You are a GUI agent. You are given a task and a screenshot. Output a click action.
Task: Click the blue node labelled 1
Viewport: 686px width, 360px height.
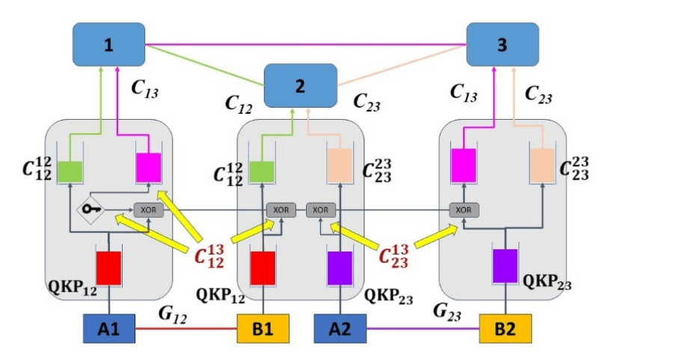pos(108,45)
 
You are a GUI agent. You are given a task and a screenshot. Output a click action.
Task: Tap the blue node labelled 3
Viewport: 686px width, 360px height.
pos(502,44)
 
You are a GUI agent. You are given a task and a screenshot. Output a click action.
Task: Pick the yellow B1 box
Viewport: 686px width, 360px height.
pos(263,328)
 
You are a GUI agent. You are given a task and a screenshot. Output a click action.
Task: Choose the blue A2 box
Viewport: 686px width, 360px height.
pos(340,328)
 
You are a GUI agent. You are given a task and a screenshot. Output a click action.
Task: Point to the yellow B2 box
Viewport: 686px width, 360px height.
pos(505,328)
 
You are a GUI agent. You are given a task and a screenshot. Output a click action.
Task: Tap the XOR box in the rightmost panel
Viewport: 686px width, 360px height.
pos(464,210)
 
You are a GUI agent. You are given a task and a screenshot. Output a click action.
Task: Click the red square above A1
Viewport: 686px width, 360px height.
pos(109,267)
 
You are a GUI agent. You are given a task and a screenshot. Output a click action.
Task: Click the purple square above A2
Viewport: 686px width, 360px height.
pos(340,267)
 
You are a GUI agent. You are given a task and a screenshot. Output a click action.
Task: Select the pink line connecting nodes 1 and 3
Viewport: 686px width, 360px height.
pos(307,44)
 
